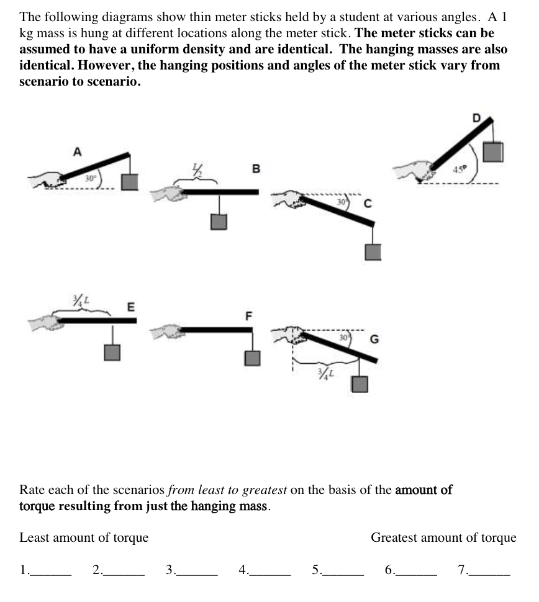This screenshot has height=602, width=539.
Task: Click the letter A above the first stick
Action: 77,151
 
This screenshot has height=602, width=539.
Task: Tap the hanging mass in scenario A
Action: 130,182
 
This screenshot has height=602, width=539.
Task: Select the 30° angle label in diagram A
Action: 91,178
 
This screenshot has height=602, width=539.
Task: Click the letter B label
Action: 256,168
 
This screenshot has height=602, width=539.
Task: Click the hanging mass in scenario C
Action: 372,251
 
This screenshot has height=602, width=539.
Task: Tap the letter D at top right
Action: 476,117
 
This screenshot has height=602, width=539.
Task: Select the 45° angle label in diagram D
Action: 460,168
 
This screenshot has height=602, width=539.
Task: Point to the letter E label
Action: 130,306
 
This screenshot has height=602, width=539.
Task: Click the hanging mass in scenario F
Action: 252,358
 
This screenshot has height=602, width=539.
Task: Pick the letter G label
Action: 374,339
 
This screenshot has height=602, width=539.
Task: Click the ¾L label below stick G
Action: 324,373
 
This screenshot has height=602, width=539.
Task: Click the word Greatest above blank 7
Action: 397,537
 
